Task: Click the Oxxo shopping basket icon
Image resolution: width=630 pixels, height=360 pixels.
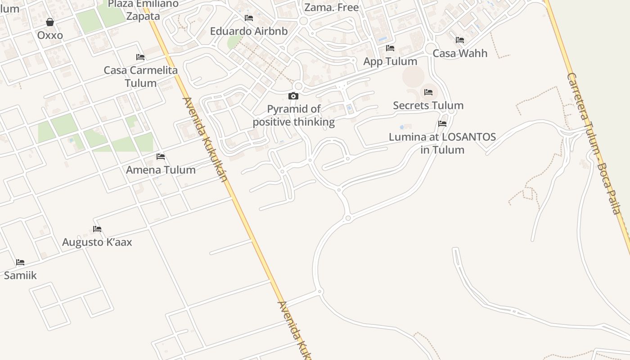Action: (50, 22)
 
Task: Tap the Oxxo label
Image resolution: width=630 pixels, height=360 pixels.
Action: (50, 35)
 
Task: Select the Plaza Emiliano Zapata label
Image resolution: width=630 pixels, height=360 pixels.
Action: (143, 10)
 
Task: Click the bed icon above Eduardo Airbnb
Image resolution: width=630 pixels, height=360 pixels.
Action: (249, 18)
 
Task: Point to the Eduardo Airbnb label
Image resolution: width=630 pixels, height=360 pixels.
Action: (249, 31)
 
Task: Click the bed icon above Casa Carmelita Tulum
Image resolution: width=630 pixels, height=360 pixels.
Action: (140, 57)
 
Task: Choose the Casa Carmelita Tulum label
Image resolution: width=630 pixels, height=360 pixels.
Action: (140, 76)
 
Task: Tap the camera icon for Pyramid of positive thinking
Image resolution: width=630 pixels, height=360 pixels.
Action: (293, 96)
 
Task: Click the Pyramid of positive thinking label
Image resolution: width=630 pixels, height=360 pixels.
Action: (294, 116)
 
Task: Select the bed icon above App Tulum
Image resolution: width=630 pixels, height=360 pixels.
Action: (390, 48)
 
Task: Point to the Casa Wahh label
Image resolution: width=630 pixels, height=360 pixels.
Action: (460, 53)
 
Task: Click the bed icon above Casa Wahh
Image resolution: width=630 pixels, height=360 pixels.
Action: (460, 40)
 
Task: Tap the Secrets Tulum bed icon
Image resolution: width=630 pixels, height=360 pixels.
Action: (428, 92)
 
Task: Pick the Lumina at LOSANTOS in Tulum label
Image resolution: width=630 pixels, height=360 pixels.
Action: (442, 143)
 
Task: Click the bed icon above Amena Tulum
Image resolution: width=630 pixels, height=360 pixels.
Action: (161, 157)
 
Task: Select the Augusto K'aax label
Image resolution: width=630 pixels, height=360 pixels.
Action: (97, 242)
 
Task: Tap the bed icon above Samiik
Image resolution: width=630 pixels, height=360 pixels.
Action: (20, 262)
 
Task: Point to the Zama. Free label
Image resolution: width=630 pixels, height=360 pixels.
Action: (332, 7)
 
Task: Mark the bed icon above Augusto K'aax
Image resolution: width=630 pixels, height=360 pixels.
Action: (97, 229)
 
